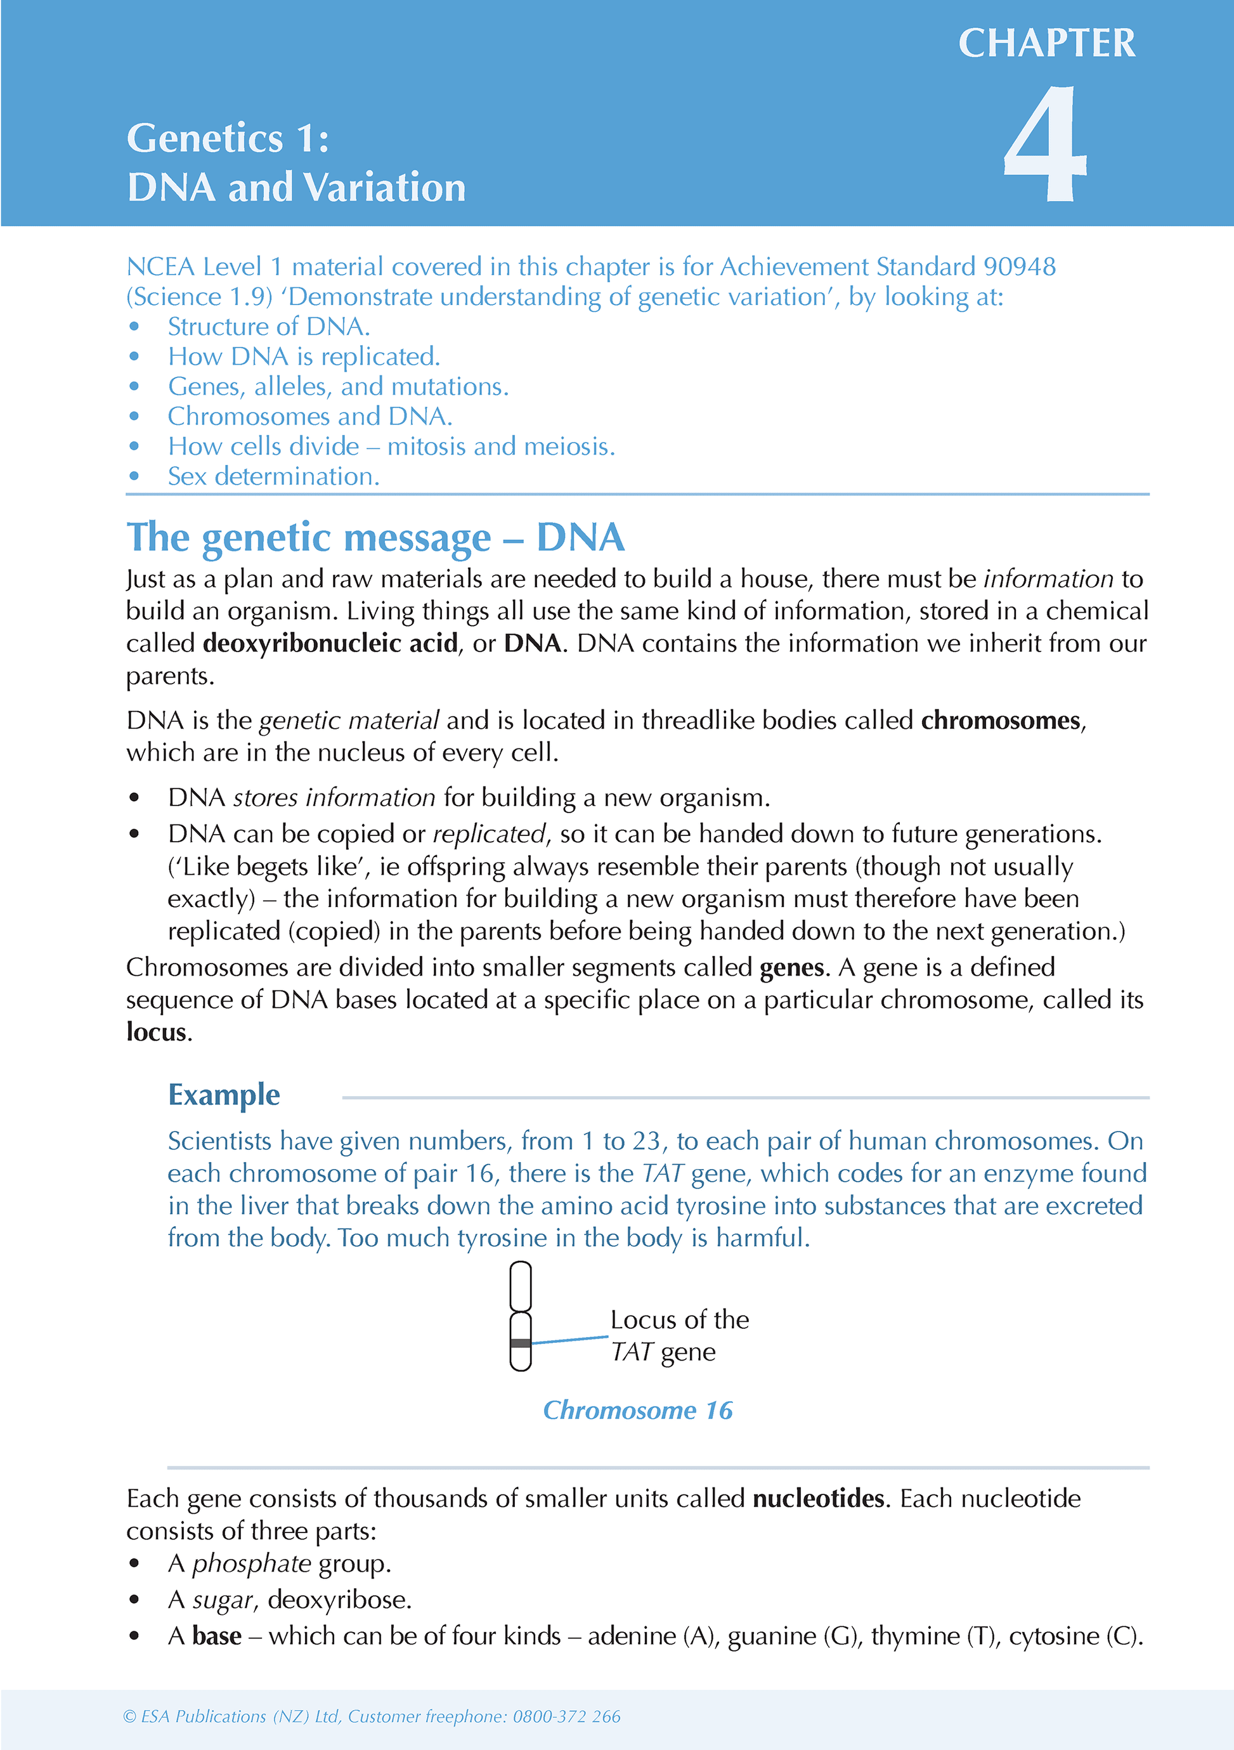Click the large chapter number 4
click(1045, 145)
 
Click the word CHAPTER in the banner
click(1046, 43)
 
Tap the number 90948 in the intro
click(1019, 267)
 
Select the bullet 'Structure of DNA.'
click(268, 327)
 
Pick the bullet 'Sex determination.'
click(273, 476)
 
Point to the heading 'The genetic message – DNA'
click(375, 537)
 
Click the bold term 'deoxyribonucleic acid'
click(330, 644)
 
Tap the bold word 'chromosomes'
click(1001, 721)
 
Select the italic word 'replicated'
click(488, 835)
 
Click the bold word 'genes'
click(792, 968)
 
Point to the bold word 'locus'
click(156, 1033)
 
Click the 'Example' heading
click(224, 1095)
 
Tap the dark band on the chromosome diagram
click(521, 1343)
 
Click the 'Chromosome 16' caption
click(637, 1410)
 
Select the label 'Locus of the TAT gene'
click(679, 1335)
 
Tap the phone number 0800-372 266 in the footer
click(566, 1716)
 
